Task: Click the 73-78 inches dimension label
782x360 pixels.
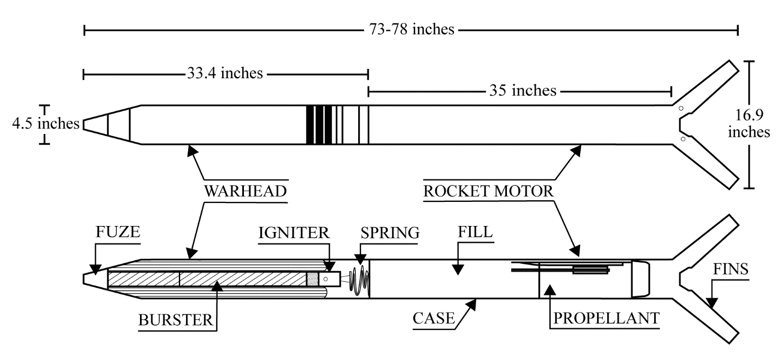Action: pos(412,29)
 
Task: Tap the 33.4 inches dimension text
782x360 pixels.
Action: pos(225,73)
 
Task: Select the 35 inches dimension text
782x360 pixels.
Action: pos(523,90)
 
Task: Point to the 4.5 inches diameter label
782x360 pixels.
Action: pos(46,124)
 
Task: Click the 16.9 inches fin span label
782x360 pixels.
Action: pos(749,123)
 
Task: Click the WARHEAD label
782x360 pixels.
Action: pos(246,191)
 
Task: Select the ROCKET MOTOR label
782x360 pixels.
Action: pos(488,191)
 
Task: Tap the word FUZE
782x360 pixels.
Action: pos(118,232)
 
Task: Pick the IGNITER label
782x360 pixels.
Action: pos(294,233)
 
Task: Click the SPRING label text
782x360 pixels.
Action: pos(390,233)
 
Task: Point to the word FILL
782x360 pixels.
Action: pos(475,232)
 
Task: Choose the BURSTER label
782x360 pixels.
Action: pos(176,320)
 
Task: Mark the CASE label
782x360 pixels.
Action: pos(434,318)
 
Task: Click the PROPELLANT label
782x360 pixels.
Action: pos(606,318)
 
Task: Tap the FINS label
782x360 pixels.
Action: pos(731,269)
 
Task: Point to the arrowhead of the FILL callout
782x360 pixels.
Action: pos(458,270)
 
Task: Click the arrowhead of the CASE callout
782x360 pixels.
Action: pos(471,305)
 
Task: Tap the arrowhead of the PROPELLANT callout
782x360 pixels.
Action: pos(550,291)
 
